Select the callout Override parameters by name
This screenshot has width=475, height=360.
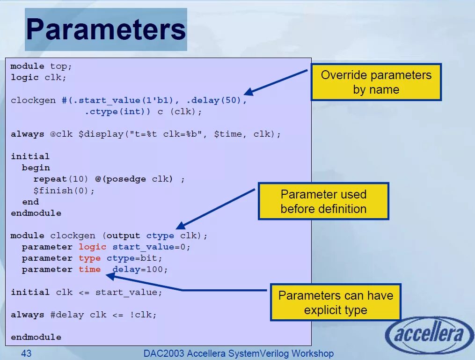(x=376, y=82)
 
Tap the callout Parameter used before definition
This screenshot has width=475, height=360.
(x=323, y=201)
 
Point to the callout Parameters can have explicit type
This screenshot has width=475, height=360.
(x=336, y=302)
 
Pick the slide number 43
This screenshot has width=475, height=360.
(x=26, y=353)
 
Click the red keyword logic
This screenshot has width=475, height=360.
(x=92, y=247)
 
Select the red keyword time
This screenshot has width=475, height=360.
(x=89, y=269)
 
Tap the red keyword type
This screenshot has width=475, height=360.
(x=89, y=258)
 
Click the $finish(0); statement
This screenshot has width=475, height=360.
(x=64, y=191)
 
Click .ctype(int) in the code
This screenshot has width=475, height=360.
(x=117, y=111)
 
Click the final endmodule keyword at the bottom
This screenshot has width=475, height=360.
(x=36, y=337)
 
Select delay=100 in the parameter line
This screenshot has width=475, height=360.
(x=140, y=269)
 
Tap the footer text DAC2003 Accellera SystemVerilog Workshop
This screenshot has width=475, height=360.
(x=239, y=353)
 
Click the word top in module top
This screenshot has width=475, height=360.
(x=58, y=66)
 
